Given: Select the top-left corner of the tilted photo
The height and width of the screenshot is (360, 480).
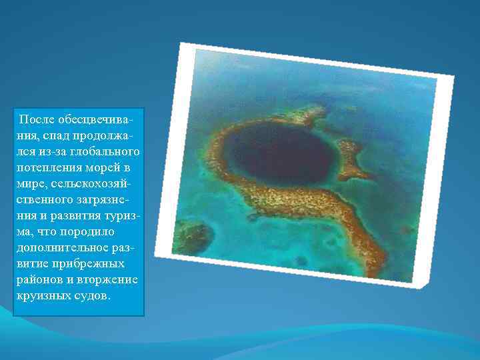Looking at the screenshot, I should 181,43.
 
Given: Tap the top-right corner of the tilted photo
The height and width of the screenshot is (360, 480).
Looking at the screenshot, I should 453,75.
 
